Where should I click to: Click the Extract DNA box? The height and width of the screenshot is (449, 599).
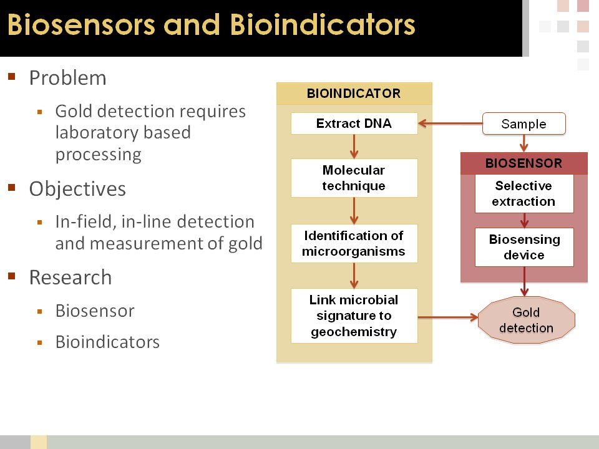click(354, 123)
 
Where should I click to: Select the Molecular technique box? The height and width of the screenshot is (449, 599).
click(354, 178)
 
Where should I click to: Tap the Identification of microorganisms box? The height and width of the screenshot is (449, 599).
click(354, 243)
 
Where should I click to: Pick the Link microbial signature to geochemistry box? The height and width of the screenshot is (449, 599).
click(354, 316)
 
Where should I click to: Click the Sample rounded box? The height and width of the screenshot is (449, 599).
click(524, 123)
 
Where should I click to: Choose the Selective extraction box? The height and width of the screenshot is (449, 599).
click(524, 193)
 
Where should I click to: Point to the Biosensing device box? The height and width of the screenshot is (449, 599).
click(524, 247)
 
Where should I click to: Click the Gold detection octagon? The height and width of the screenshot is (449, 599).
click(526, 320)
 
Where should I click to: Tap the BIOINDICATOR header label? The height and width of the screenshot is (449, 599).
click(354, 94)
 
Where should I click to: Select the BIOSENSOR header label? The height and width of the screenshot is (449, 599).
click(524, 163)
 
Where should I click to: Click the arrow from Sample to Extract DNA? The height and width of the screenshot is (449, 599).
click(450, 123)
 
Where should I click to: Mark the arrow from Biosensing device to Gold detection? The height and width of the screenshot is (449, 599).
click(525, 281)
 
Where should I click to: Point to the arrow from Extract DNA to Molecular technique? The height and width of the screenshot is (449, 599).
click(354, 146)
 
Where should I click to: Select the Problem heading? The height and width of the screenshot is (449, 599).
click(67, 78)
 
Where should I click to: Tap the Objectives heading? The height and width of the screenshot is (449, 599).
click(77, 189)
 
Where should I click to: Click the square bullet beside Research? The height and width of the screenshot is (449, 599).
click(11, 276)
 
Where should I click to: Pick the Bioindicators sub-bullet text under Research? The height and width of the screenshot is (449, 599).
click(107, 342)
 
